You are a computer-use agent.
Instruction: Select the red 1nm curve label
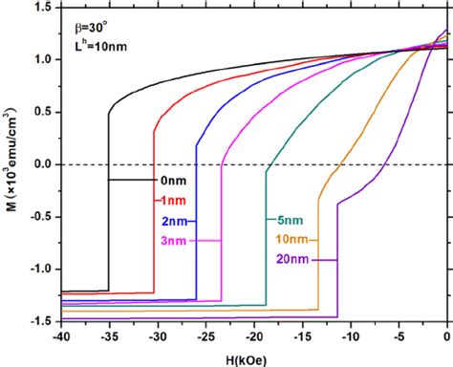pyautogui.click(x=167, y=201)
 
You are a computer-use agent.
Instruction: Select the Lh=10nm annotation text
pyautogui.click(x=92, y=43)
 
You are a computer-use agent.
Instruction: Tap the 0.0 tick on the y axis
pyautogui.click(x=41, y=164)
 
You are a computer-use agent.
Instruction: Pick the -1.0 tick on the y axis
pyautogui.click(x=39, y=269)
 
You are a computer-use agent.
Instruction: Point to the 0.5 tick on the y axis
pyautogui.click(x=41, y=112)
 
